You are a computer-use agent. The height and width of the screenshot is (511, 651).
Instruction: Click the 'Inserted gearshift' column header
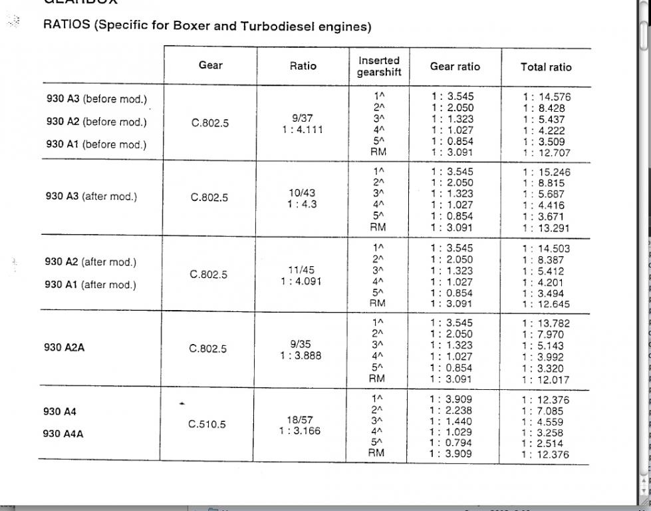point(378,67)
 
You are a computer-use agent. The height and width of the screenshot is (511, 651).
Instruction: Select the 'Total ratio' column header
point(545,67)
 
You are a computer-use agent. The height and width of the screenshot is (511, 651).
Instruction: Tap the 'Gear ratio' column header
point(455,67)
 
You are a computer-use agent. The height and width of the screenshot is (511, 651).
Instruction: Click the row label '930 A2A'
point(65,347)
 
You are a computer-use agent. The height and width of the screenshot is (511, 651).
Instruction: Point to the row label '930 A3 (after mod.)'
point(91,196)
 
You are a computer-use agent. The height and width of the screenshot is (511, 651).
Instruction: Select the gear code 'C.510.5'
point(207,424)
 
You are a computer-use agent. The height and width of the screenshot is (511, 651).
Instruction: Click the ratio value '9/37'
point(302,118)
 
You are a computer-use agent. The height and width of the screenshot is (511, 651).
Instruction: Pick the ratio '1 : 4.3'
point(302,204)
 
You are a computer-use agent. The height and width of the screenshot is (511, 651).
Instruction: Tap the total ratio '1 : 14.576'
point(547,96)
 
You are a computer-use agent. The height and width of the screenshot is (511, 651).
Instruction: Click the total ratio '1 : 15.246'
point(547,172)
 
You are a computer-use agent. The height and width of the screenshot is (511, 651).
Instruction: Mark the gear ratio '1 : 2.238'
point(452,411)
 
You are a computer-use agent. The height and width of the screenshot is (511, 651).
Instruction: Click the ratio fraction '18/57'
point(301,420)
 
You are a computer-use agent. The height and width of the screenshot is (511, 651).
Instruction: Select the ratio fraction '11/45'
point(302,270)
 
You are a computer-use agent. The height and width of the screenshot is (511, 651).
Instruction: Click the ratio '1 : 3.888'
point(301,355)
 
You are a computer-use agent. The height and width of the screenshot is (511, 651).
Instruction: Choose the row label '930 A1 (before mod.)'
point(96,144)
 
